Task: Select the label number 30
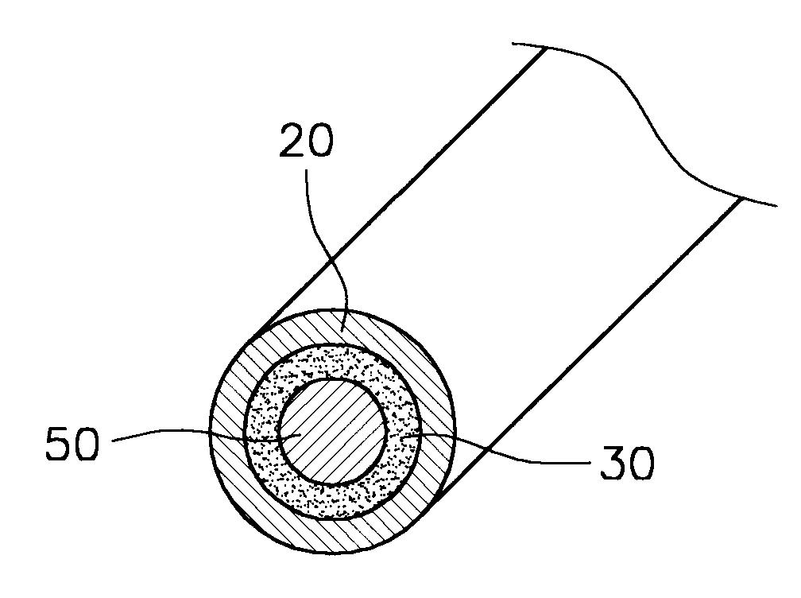pos(627,462)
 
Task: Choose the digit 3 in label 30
pos(612,462)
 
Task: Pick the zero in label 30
pos(641,462)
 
